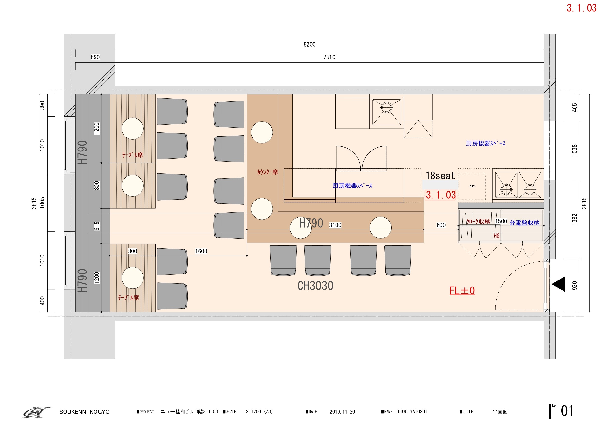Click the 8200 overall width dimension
309,44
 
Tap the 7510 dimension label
329,57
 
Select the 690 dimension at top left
95,57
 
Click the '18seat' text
441,176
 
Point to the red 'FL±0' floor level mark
462,290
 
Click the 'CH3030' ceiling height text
315,286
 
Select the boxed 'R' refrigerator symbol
473,186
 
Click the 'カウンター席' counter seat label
267,172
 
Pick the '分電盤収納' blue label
525,223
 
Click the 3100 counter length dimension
335,225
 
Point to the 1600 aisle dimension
201,251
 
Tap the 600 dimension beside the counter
441,225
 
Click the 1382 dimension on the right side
574,219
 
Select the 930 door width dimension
574,286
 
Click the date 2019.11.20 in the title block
342,412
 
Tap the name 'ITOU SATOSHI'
412,412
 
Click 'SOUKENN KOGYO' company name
84,412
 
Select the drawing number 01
567,411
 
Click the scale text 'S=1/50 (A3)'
259,412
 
